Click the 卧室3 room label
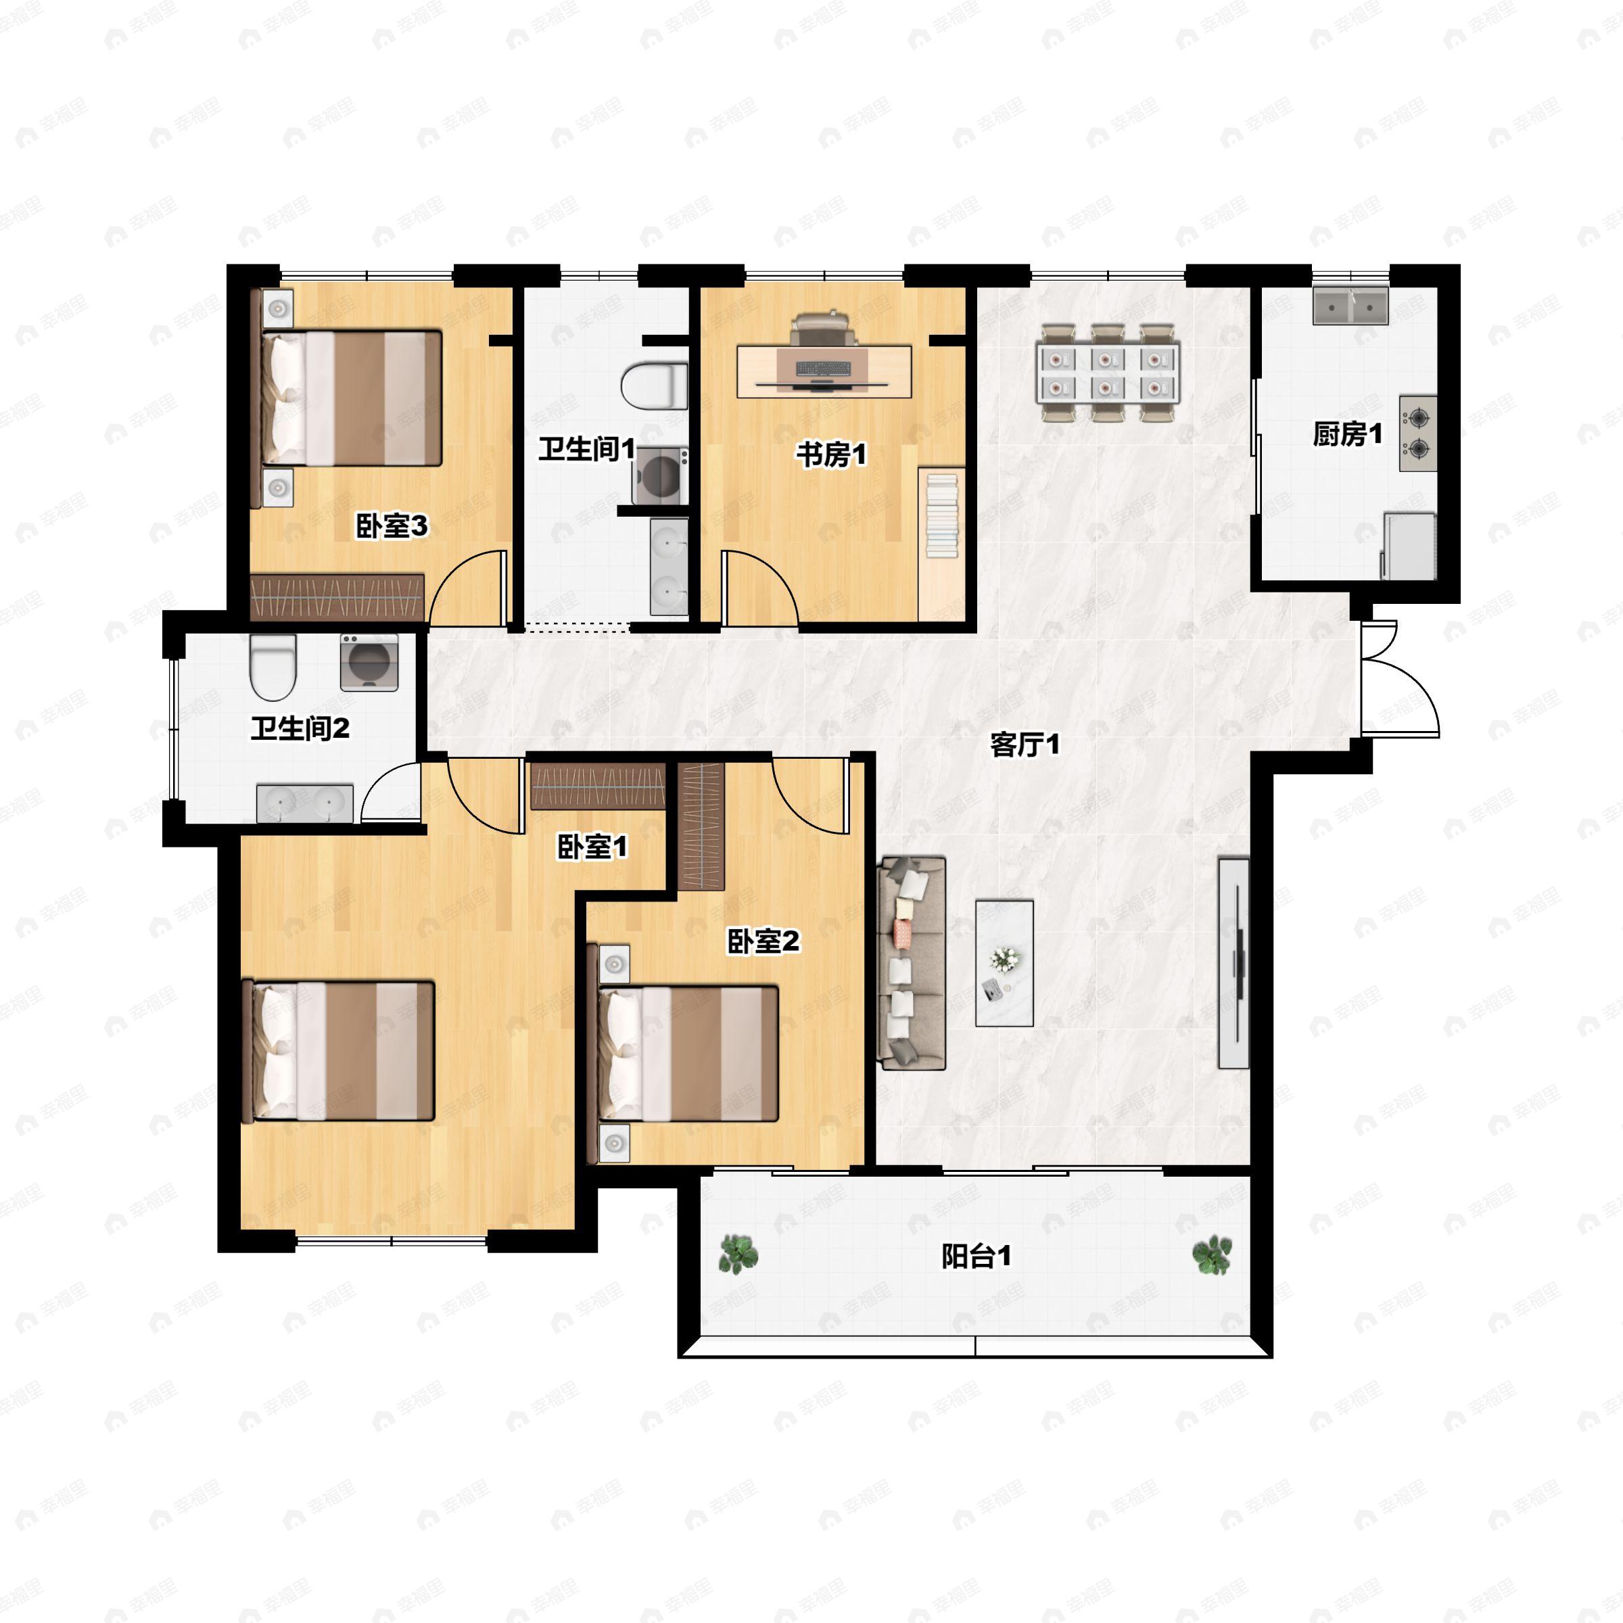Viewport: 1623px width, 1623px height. point(392,526)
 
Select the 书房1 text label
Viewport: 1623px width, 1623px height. point(831,454)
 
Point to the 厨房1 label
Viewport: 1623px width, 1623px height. point(1348,433)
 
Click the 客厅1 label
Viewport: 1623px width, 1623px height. point(1025,745)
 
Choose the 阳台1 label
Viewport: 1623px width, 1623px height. point(976,1256)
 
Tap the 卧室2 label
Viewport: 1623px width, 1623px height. point(763,942)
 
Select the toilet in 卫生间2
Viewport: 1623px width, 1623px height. point(274,667)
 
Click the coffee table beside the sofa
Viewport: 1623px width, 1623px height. point(1004,963)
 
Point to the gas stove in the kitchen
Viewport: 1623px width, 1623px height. point(1418,433)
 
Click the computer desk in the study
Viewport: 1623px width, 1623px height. point(824,371)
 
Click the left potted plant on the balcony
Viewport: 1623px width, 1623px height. point(738,1254)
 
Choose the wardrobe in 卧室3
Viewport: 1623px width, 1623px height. point(337,597)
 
